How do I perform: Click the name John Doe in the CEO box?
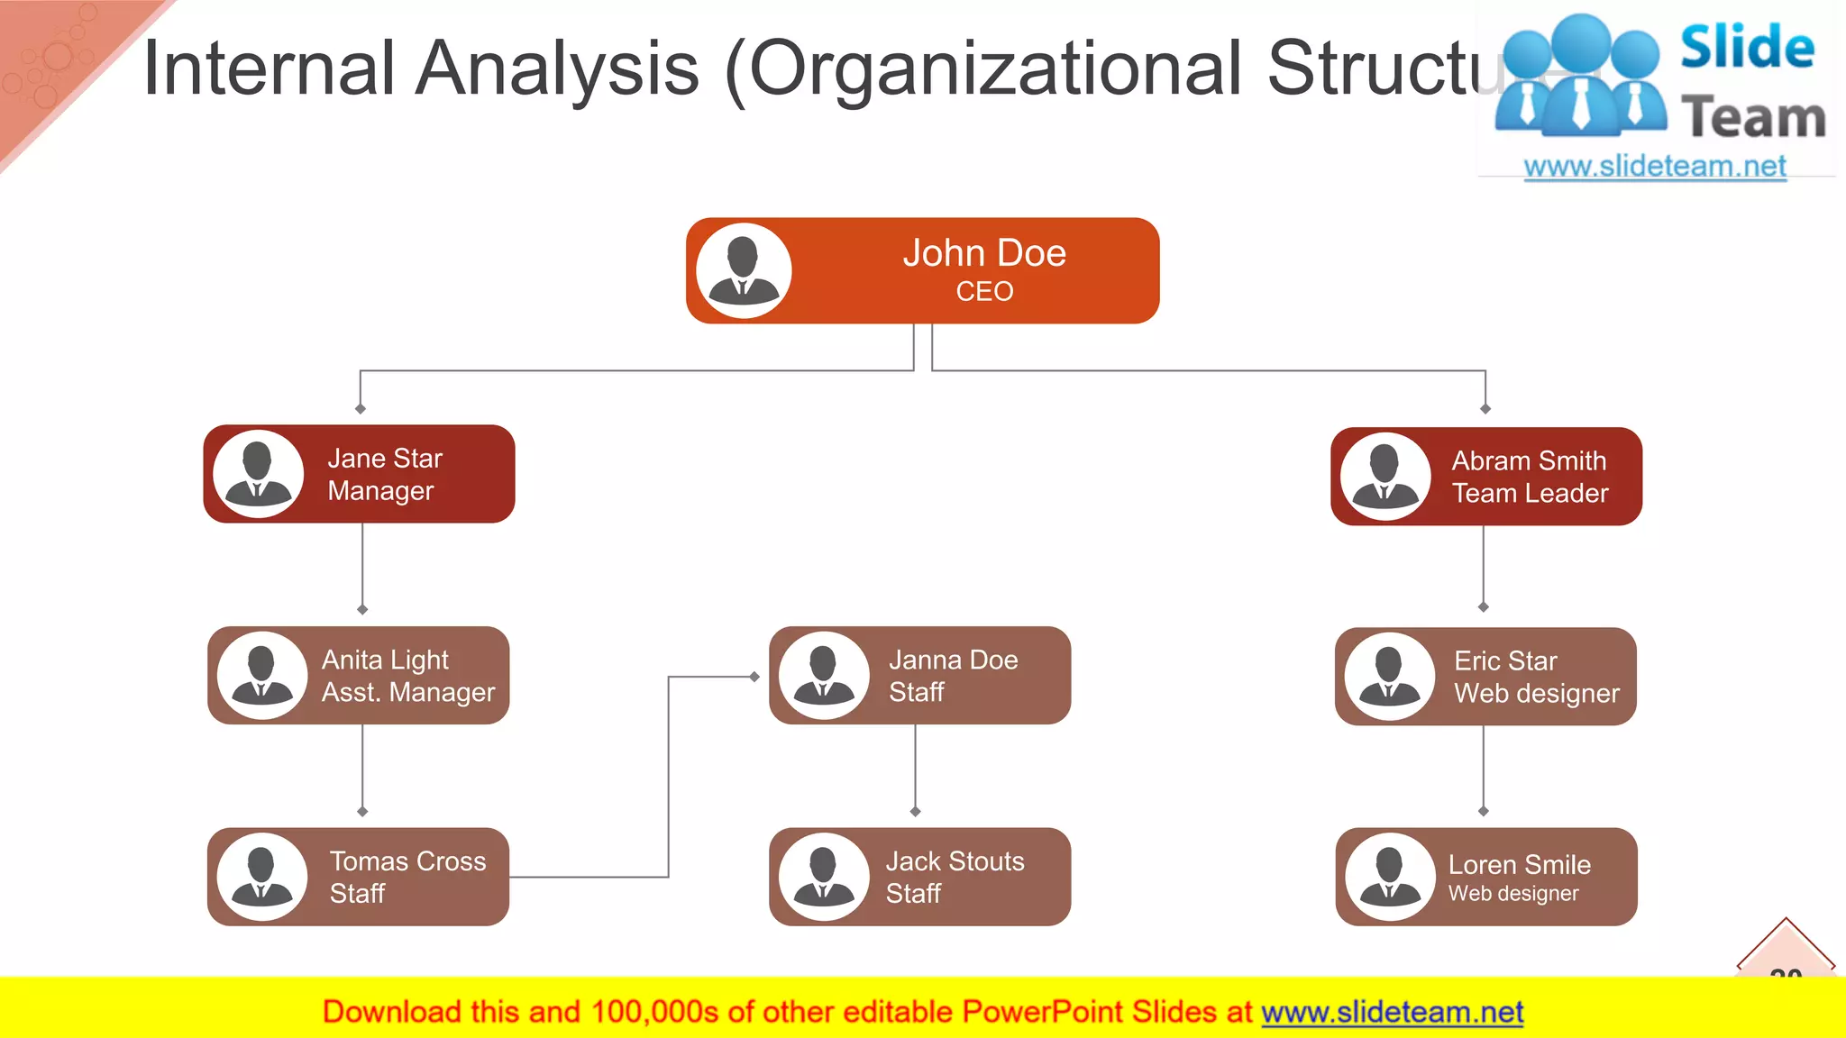click(x=984, y=253)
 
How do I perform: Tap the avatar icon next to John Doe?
click(x=744, y=270)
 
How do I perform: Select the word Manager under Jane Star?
click(x=380, y=491)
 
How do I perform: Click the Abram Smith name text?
click(x=1529, y=460)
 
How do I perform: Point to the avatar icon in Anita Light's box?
click(x=261, y=675)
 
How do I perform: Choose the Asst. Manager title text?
click(x=408, y=692)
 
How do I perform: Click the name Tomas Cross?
click(x=407, y=860)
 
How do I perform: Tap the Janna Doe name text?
click(x=953, y=660)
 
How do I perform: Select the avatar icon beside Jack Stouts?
click(x=823, y=877)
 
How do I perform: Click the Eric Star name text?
click(x=1505, y=660)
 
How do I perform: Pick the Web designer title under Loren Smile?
click(x=1513, y=893)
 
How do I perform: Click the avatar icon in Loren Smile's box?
click(x=1389, y=877)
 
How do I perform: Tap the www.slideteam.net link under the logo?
click(x=1655, y=166)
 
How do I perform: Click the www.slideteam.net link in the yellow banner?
click(x=1392, y=1012)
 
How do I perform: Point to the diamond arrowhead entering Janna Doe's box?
click(x=754, y=676)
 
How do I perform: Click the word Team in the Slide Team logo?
click(x=1752, y=118)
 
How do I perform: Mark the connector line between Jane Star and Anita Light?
click(x=362, y=566)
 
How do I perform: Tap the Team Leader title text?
click(x=1530, y=493)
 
